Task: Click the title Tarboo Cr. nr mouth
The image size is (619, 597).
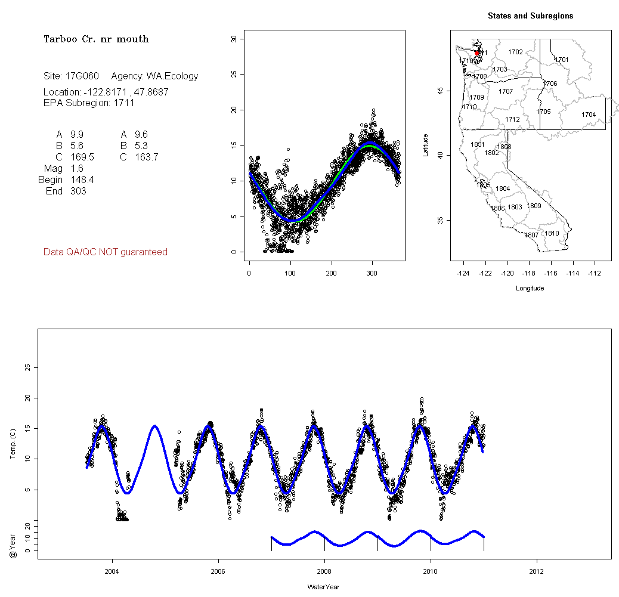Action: pos(96,39)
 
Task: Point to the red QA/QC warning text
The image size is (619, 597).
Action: pos(106,252)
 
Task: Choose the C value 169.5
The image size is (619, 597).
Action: pos(82,157)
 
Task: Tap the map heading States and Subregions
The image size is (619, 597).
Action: pos(530,16)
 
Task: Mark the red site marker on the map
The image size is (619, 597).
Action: pos(477,53)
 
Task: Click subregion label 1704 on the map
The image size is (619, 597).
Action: pos(589,115)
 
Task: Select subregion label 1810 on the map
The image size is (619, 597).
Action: pos(552,233)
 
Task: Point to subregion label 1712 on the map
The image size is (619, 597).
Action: pos(512,120)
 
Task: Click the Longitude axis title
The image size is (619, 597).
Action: pos(530,288)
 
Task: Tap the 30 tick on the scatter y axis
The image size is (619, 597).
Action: pos(234,39)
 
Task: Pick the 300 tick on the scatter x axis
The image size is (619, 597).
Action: pos(372,273)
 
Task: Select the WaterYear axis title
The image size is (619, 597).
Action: pos(323,587)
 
